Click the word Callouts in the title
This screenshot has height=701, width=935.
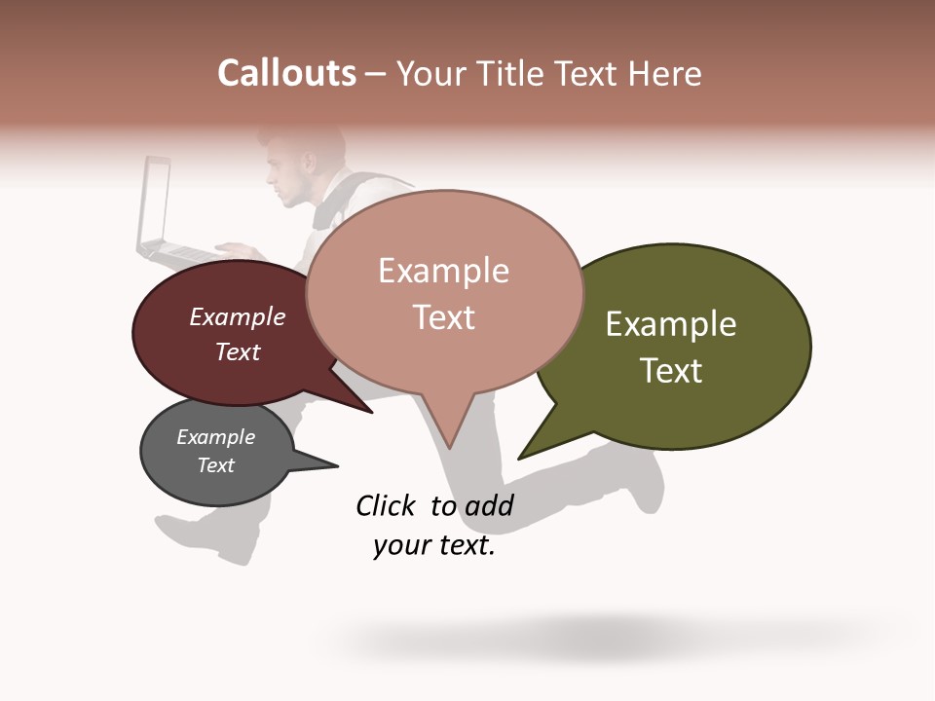pyautogui.click(x=286, y=73)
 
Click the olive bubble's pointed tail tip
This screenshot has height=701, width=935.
pyautogui.click(x=519, y=459)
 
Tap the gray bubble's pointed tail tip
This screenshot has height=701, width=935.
pyautogui.click(x=337, y=466)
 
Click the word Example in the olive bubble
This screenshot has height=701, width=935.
pyautogui.click(x=670, y=324)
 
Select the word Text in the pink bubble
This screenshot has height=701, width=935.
pyautogui.click(x=443, y=317)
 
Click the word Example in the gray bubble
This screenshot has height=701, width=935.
pyautogui.click(x=215, y=437)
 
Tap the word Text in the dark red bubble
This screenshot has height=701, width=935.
pyautogui.click(x=237, y=351)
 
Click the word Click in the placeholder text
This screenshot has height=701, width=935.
pyautogui.click(x=386, y=505)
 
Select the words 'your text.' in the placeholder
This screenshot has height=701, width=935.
pyautogui.click(x=433, y=546)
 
